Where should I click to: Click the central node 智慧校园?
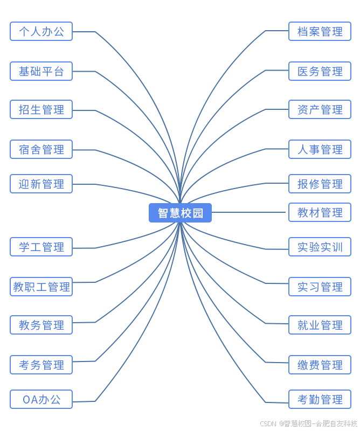[180, 213]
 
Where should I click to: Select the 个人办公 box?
[41, 31]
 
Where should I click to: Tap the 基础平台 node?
[41, 71]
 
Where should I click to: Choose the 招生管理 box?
[41, 109]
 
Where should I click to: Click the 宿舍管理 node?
[41, 149]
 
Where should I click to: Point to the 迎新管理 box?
[41, 184]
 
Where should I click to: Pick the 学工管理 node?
[41, 247]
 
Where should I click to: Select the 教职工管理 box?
[41, 287]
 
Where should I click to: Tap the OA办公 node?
[41, 399]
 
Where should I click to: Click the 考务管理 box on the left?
[41, 365]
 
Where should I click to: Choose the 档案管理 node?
[320, 31]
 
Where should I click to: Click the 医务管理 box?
[320, 71]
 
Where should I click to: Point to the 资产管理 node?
[320, 109]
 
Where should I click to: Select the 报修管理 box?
[320, 184]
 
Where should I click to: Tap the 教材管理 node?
[320, 212]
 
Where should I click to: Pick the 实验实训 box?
[320, 247]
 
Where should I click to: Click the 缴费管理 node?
[320, 365]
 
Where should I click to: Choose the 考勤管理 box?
[320, 399]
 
